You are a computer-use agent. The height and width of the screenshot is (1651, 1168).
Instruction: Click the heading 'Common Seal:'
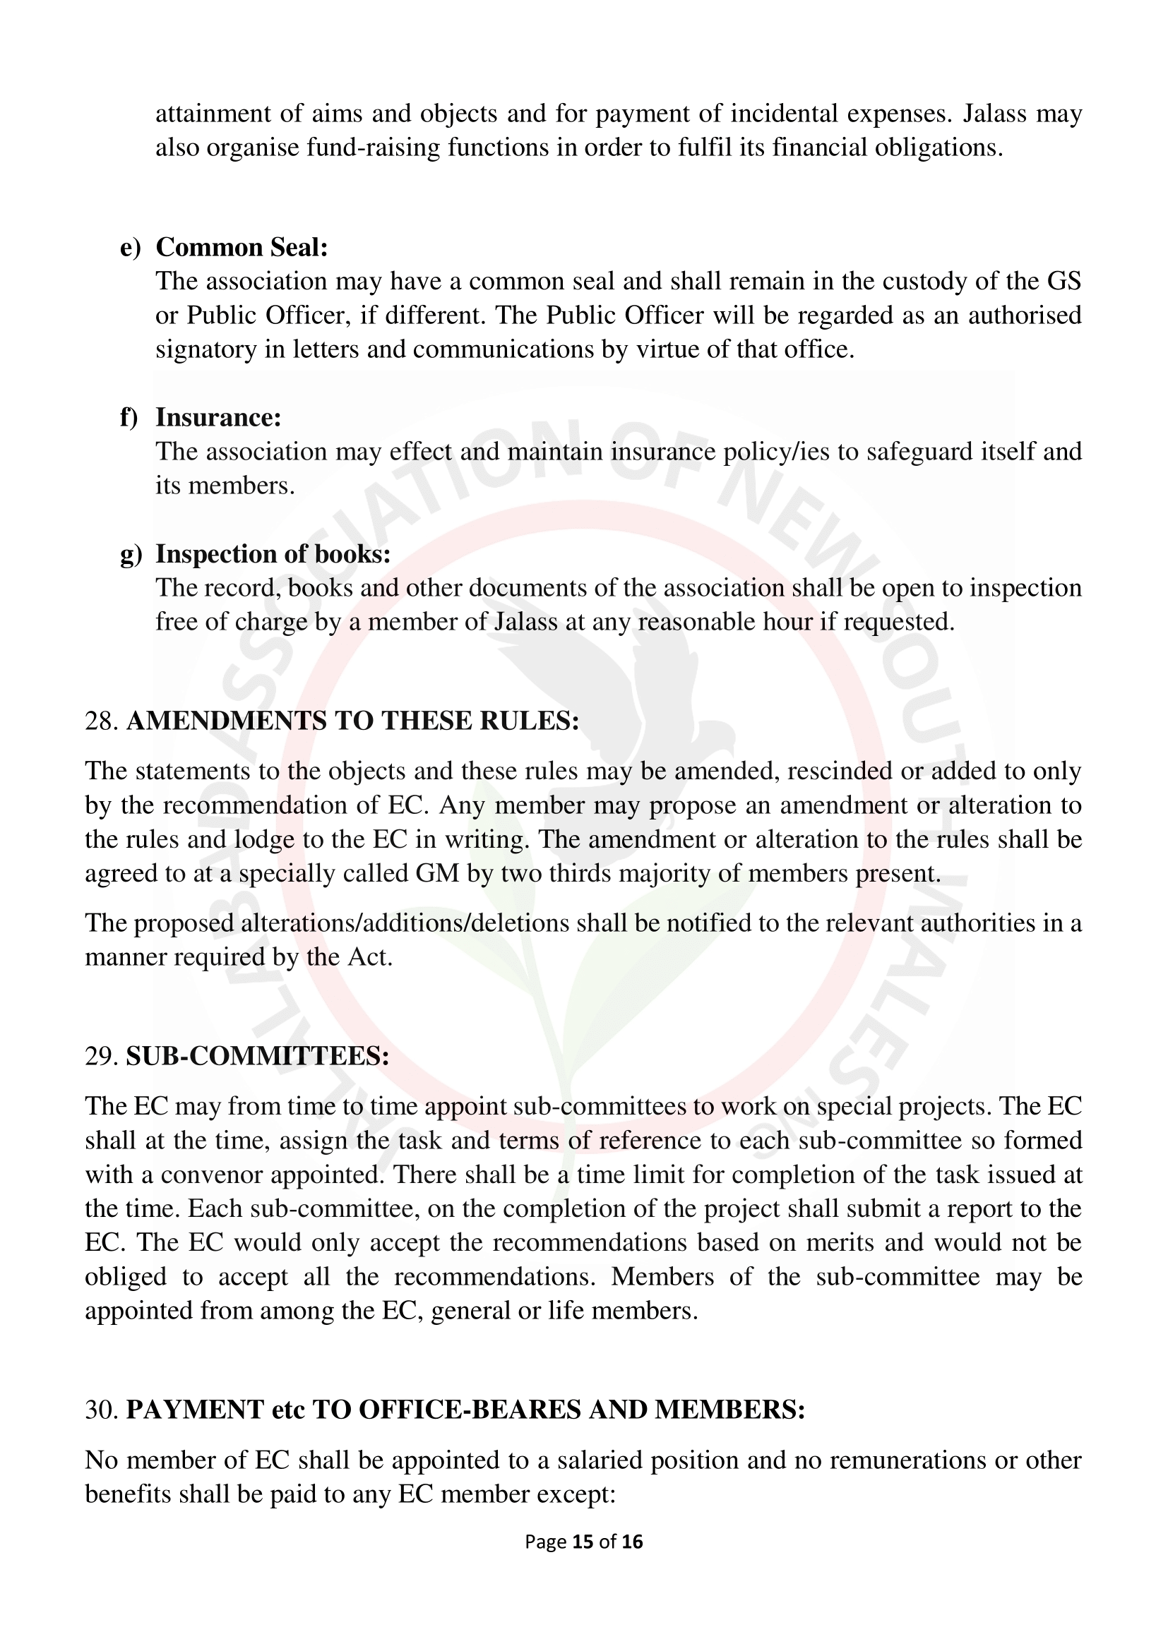point(242,247)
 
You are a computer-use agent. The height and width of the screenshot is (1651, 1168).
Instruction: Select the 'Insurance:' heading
point(218,418)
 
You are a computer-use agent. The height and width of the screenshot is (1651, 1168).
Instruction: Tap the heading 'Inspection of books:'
point(273,553)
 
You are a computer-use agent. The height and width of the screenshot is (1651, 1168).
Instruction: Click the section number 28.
point(102,721)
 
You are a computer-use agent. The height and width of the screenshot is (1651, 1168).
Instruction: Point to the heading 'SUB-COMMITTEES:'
point(258,1057)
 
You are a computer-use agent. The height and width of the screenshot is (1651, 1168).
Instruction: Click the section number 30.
point(102,1410)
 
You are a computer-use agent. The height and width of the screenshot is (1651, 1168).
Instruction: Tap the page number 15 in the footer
point(583,1542)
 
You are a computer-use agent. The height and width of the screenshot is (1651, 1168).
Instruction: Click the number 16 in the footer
point(632,1542)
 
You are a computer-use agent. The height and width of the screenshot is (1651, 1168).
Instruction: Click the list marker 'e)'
point(130,247)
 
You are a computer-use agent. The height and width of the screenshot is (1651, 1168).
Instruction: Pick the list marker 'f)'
point(129,418)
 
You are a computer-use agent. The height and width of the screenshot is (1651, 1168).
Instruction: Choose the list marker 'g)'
point(131,554)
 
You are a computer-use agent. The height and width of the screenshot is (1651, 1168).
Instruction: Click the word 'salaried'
point(561,1460)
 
